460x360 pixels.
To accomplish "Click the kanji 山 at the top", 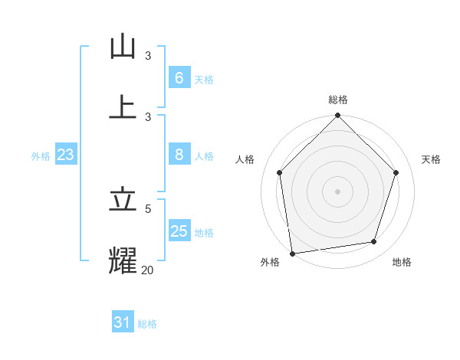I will click(x=123, y=47).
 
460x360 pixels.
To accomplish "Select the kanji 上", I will click(x=123, y=107).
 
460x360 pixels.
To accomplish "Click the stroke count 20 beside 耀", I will click(x=147, y=270).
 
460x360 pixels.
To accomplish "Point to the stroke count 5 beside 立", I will click(x=148, y=208).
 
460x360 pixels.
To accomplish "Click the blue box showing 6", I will click(x=179, y=77).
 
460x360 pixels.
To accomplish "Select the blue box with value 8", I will click(x=179, y=154).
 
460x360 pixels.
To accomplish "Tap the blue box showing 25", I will click(x=179, y=231).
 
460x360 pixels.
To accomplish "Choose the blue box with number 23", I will click(x=66, y=155).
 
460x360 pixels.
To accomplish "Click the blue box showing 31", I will click(x=123, y=322).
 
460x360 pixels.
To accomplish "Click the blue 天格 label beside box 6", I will click(x=204, y=79).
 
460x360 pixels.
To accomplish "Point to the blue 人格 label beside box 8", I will click(x=204, y=155).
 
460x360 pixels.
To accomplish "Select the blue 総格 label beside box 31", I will click(x=147, y=324).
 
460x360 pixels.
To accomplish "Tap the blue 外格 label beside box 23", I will click(x=41, y=155).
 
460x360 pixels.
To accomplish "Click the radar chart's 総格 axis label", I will click(x=338, y=100).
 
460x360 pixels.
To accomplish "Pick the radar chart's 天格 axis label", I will click(x=431, y=159).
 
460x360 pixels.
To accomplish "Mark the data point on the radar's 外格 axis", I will click(x=292, y=253).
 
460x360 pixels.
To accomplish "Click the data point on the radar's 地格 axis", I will click(x=374, y=241).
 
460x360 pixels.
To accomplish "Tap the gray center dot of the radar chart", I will click(x=338, y=191).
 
